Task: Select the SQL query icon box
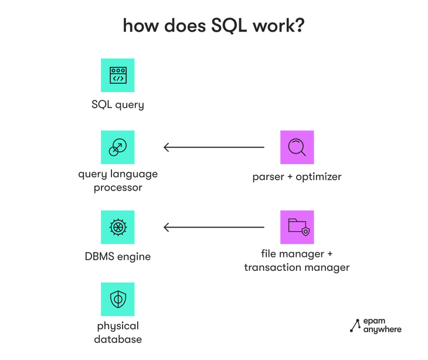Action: pos(118,75)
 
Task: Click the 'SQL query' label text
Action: pos(118,106)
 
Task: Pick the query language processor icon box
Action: pos(118,147)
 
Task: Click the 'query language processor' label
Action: pos(118,182)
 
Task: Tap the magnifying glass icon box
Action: pos(297,147)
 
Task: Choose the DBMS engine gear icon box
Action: pos(118,227)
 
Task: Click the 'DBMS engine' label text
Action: pos(118,256)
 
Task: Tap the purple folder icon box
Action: pos(297,227)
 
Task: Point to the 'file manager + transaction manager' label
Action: pos(297,261)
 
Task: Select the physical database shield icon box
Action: pos(118,299)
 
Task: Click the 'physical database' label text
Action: pos(118,332)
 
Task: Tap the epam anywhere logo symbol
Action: pos(355,325)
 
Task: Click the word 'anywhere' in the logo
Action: pos(382,330)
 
